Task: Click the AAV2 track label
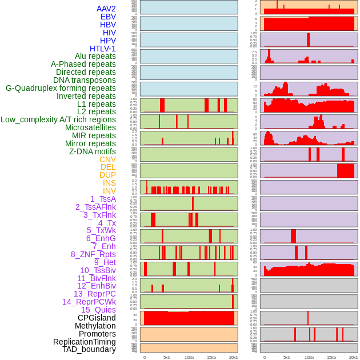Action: click(106, 9)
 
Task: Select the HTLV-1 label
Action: click(102, 49)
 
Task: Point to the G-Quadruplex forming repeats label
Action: click(61, 88)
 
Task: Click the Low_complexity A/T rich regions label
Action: click(58, 119)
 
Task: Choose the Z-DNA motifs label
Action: click(92, 151)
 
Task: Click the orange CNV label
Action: click(107, 159)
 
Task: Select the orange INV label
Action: click(109, 191)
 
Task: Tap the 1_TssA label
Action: click(103, 199)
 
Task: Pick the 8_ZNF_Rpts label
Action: click(93, 254)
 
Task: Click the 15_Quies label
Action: click(98, 310)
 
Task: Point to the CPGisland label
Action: click(97, 318)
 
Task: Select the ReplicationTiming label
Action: click(85, 342)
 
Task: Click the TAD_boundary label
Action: click(89, 349)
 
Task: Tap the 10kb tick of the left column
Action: click(189, 357)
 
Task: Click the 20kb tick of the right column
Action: click(354, 357)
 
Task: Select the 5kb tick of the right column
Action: click(287, 357)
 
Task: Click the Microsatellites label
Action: click(90, 127)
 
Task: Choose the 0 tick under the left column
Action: click(144, 357)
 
